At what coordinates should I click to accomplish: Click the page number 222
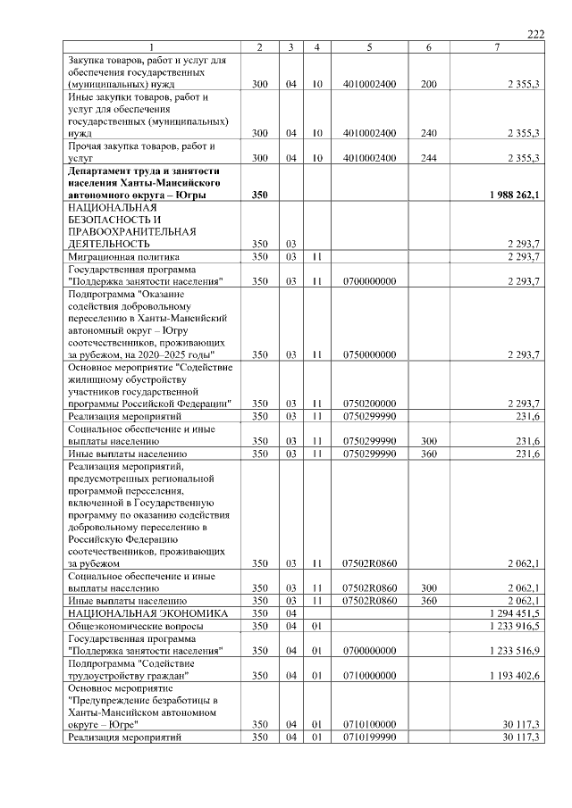tap(535, 34)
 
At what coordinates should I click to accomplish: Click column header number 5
tap(369, 46)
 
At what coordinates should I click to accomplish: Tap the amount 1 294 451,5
tap(509, 613)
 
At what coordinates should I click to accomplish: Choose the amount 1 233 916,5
tap(509, 627)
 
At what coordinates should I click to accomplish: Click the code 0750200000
tap(369, 403)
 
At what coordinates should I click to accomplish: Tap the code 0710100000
tap(369, 724)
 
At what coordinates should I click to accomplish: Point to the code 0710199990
tap(369, 737)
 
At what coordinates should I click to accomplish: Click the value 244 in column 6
tap(429, 158)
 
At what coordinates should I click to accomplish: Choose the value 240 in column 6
tap(429, 133)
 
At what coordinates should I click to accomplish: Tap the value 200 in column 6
tap(429, 84)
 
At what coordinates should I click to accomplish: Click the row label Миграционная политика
tap(123, 256)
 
